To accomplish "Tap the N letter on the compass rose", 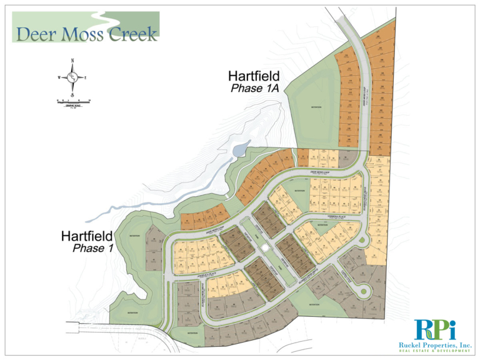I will tap(73, 60).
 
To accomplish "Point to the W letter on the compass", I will tap(59, 77).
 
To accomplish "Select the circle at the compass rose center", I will tap(73, 77).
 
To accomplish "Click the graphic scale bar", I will tap(73, 101).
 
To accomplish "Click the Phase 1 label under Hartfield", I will tap(88, 249).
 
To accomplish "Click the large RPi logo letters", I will tap(435, 329).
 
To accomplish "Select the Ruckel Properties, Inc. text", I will tap(435, 345).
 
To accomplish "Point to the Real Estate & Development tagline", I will tap(435, 352).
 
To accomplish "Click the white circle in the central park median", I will tap(265, 249).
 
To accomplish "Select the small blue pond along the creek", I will tap(239, 149).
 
